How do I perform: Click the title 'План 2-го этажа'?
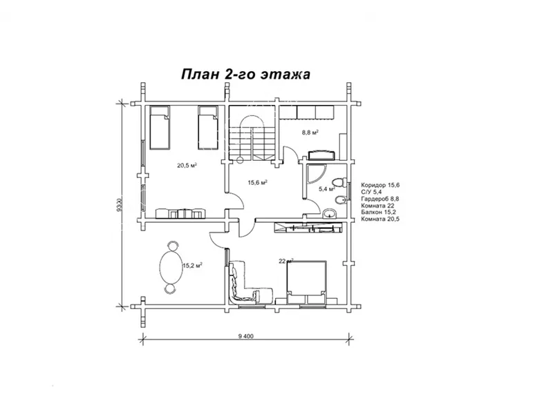click(x=245, y=75)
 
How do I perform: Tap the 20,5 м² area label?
click(x=187, y=165)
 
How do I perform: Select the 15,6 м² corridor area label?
click(x=257, y=182)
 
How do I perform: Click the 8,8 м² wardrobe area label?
click(x=310, y=132)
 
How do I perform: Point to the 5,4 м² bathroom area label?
click(x=326, y=189)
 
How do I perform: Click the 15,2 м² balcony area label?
click(x=192, y=266)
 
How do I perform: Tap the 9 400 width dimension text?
click(x=246, y=336)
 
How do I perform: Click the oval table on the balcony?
click(x=171, y=266)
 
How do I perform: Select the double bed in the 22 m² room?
click(x=306, y=282)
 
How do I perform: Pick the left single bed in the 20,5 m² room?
click(x=160, y=128)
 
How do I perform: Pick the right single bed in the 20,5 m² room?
click(x=208, y=128)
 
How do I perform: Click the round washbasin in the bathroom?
click(x=330, y=213)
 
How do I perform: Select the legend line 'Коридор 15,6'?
click(x=380, y=185)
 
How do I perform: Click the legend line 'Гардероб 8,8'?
click(x=379, y=199)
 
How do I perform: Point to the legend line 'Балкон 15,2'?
click(x=378, y=212)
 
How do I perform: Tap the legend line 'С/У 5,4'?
click(x=371, y=192)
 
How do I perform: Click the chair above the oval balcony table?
click(x=172, y=245)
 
